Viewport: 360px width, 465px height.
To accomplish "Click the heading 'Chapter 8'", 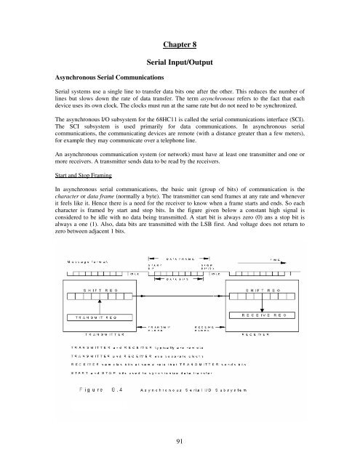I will (180, 41).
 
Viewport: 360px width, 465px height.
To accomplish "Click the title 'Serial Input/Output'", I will (180, 64).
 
